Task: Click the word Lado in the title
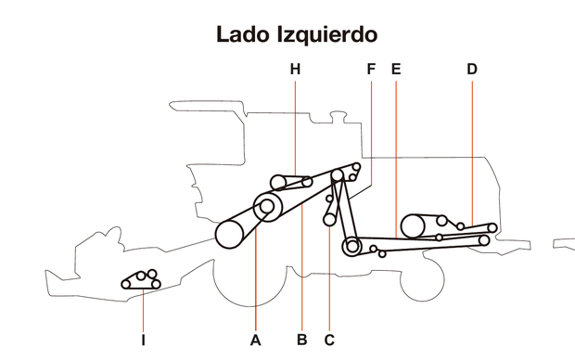click(245, 35)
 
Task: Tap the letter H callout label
click(295, 70)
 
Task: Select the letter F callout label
click(371, 70)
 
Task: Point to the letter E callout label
click(396, 70)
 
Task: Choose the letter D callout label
click(472, 70)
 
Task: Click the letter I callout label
click(144, 341)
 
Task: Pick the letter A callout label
click(256, 341)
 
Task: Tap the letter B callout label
click(302, 341)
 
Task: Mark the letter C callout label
click(329, 341)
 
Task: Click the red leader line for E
click(396, 158)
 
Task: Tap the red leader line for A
click(256, 278)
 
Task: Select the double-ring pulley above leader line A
click(267, 207)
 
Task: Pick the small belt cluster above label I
click(140, 280)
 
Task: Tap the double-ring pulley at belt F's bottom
click(351, 247)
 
